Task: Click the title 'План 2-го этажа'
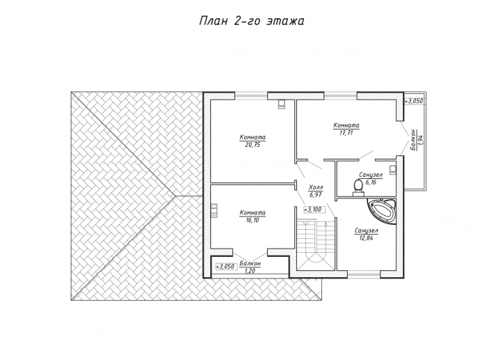click(x=251, y=21)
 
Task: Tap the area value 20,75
click(x=252, y=145)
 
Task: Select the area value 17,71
click(x=346, y=133)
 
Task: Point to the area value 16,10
click(x=252, y=220)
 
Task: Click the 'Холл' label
click(x=316, y=187)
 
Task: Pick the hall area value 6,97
click(x=315, y=194)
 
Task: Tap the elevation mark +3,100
click(x=314, y=210)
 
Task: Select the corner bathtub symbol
click(x=382, y=211)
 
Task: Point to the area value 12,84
click(x=366, y=238)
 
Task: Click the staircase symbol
click(x=316, y=242)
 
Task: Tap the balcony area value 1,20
click(x=250, y=271)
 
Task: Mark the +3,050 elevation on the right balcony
click(x=413, y=101)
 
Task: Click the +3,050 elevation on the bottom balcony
click(x=225, y=267)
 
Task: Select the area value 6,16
click(x=371, y=182)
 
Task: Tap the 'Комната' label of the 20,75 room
click(x=253, y=137)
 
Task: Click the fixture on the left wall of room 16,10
click(x=214, y=210)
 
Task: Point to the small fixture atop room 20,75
click(x=281, y=104)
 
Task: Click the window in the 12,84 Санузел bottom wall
click(x=364, y=274)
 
